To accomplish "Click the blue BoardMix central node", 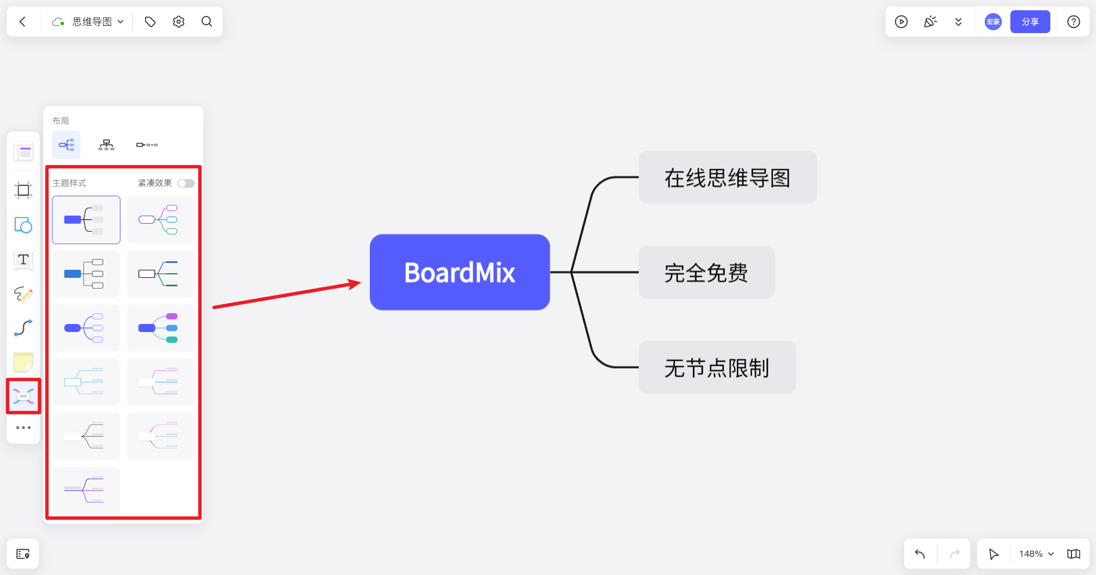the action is point(460,272).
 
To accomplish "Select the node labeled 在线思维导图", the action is point(727,177).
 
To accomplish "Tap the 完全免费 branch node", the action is point(706,273).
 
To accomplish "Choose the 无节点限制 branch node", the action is point(717,367).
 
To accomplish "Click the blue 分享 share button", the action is point(1030,22).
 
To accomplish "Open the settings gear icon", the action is point(179,22).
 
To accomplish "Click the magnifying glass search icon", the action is point(207,22).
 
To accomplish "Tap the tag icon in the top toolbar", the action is point(150,22).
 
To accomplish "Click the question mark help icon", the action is point(1074,22).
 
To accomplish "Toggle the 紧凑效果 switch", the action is point(186,183).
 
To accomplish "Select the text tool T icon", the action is point(23,260).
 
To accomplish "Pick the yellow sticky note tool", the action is point(23,362).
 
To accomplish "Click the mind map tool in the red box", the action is point(23,396).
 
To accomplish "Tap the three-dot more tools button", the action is point(23,427).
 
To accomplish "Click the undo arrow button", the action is point(920,554).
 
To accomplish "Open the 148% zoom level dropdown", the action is point(1036,554).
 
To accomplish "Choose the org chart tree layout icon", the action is point(106,145).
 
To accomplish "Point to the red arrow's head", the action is point(360,282).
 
